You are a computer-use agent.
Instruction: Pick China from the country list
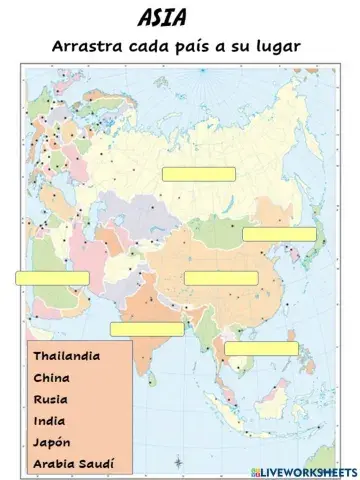[51, 377]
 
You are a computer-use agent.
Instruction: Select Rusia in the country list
[50, 399]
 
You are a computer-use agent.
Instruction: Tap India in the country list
[49, 420]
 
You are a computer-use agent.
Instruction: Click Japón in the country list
[52, 442]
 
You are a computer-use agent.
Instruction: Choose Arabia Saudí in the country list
[73, 464]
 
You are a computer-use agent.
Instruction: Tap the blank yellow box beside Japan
[279, 234]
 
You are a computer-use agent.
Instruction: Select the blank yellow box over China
[221, 277]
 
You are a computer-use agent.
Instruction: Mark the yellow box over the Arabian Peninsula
[51, 278]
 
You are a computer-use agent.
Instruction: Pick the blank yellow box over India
[147, 329]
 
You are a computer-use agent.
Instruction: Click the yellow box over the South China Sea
[261, 348]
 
